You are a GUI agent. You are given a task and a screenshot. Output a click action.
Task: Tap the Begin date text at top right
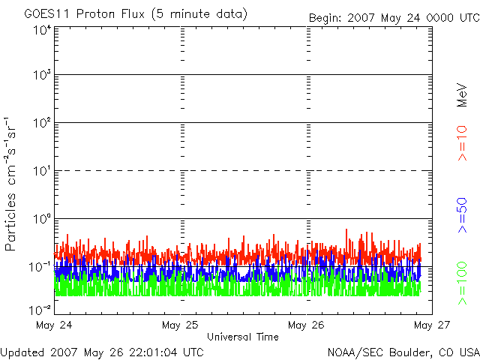tap(393, 16)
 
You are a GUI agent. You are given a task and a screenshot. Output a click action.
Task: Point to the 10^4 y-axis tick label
tap(42, 29)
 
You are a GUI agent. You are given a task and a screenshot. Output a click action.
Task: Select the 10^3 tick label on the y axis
tap(42, 76)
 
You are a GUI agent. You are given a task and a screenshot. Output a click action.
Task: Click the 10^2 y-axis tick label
tap(42, 123)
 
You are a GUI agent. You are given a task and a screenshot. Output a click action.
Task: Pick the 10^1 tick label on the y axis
tap(42, 171)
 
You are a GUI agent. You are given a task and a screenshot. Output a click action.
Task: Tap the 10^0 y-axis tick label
tap(42, 219)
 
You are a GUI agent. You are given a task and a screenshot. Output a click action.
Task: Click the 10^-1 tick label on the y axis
tap(41, 267)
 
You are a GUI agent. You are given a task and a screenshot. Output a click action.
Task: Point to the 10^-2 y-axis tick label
tap(41, 309)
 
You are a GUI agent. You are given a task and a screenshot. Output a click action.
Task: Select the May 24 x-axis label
tap(55, 325)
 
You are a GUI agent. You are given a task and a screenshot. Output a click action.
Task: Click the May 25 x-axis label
tap(181, 325)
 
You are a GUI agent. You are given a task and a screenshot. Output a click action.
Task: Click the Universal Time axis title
tap(243, 337)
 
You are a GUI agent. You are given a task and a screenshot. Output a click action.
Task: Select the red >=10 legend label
tap(462, 143)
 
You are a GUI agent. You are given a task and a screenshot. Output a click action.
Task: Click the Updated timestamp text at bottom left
tap(102, 351)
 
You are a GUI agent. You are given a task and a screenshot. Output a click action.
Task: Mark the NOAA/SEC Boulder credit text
tap(403, 351)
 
